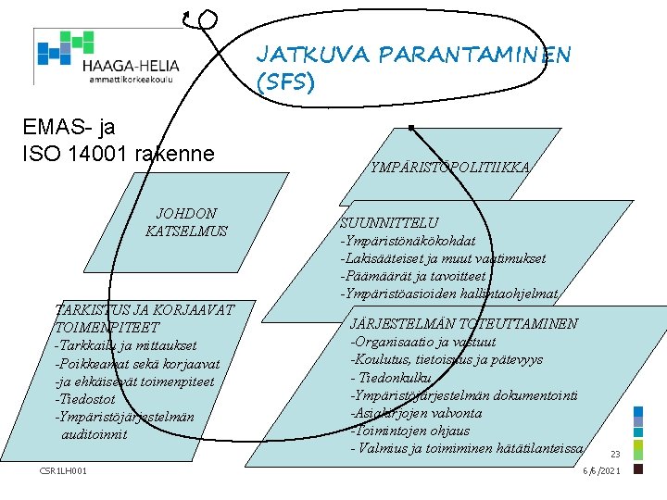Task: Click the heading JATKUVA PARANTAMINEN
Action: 413,56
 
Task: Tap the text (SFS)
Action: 285,83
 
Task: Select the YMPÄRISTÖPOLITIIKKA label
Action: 449,168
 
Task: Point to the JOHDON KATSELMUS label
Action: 186,222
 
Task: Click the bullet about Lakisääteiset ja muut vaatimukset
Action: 443,258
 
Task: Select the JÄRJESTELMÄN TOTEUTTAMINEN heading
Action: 463,323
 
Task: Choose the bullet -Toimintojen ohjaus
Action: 409,431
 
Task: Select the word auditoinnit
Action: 94,433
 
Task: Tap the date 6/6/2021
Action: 601,471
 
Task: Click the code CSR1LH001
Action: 64,471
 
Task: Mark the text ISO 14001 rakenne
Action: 118,152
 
